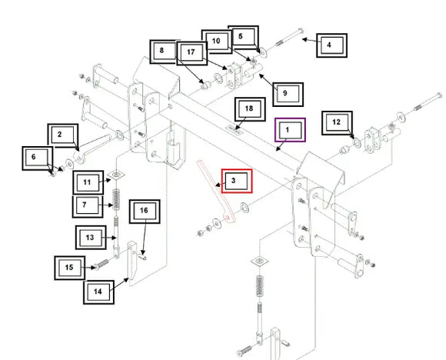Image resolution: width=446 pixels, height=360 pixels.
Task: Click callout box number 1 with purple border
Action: click(290, 130)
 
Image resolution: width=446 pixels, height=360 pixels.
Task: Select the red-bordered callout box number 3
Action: click(237, 181)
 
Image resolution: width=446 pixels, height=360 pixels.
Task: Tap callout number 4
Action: click(331, 45)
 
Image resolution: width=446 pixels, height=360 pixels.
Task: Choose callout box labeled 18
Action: click(250, 109)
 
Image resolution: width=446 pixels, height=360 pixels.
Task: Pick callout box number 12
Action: click(337, 123)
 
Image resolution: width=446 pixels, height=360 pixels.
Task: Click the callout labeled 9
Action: click(288, 95)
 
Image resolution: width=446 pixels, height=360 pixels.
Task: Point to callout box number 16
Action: click(145, 212)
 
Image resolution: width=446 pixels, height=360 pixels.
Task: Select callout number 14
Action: click(98, 292)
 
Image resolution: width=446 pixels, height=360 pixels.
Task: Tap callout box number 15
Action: click(70, 268)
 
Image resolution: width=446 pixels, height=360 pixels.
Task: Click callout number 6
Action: click(38, 158)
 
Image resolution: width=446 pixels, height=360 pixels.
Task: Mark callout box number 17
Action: click(191, 53)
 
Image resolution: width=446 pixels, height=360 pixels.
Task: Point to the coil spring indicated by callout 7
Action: click(116, 200)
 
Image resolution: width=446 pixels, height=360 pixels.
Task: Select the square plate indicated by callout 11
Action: click(117, 174)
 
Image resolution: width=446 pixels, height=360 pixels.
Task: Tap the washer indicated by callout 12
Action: click(357, 142)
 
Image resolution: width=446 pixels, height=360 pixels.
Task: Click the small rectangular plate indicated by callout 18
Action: click(235, 130)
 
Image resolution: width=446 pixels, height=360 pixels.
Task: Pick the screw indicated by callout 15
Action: click(101, 265)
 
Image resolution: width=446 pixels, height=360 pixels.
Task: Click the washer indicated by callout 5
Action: click(263, 53)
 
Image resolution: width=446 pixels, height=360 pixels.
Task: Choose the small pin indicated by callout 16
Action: click(143, 257)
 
